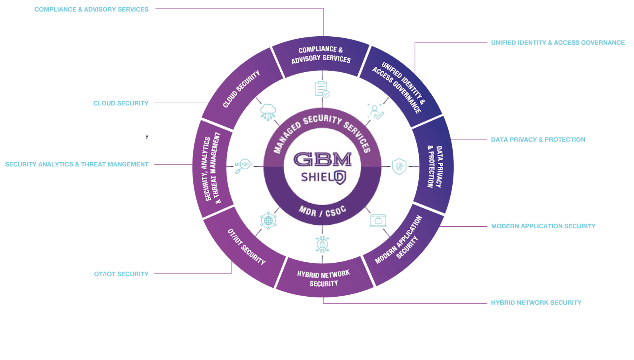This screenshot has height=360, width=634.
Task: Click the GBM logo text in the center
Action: click(323, 160)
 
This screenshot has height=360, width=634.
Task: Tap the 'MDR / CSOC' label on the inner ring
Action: click(322, 211)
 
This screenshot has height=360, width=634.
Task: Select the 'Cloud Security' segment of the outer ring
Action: click(241, 89)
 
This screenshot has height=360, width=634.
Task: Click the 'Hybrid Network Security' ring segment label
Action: click(323, 278)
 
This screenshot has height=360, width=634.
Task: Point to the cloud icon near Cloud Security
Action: click(268, 112)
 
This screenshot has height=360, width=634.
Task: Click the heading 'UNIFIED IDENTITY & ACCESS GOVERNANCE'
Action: click(557, 43)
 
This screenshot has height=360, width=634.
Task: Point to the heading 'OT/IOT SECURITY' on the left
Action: click(121, 274)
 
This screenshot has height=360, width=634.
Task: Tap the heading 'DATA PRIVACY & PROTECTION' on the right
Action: click(538, 140)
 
